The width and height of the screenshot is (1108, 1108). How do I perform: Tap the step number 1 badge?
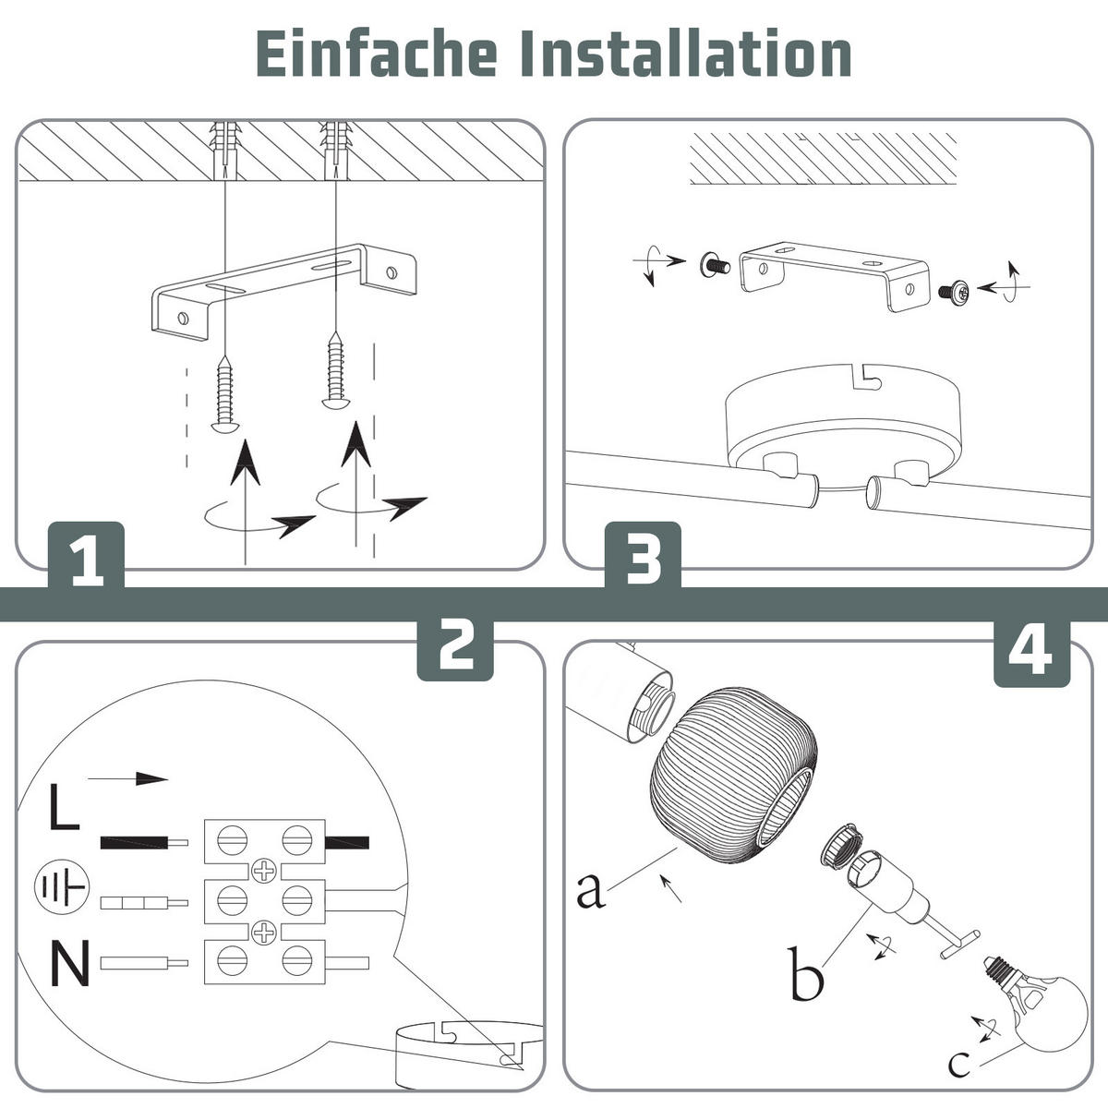86,556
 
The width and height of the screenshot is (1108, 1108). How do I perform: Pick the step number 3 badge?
643,556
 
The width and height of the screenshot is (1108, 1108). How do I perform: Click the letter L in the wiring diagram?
64,807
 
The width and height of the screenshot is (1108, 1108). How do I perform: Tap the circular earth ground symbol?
62,887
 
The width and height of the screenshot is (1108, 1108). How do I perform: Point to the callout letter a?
591,891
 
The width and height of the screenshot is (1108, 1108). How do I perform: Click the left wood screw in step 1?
224,394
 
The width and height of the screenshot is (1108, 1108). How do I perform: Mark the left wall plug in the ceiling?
224,151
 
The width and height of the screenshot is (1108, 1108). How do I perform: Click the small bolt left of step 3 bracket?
715,265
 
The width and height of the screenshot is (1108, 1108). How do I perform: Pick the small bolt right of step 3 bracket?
953,291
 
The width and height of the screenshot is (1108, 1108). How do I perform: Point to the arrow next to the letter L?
127,779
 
